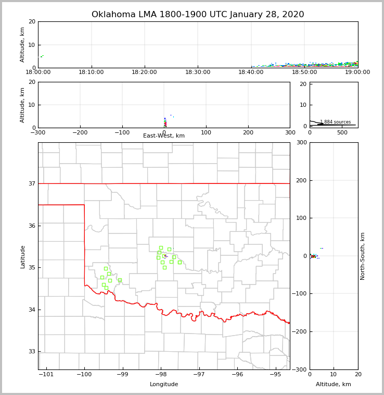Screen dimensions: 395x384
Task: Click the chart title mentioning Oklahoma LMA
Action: pyautogui.click(x=198, y=15)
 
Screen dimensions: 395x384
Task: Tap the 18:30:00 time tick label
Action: pyautogui.click(x=198, y=72)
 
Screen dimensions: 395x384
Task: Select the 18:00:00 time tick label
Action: pyautogui.click(x=38, y=72)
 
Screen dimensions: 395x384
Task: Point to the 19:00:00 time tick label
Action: pyautogui.click(x=357, y=72)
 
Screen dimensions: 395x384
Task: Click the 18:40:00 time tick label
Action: pyautogui.click(x=251, y=72)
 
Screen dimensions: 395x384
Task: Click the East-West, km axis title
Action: pyautogui.click(x=164, y=136)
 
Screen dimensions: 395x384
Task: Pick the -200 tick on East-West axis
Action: pyautogui.click(x=80, y=133)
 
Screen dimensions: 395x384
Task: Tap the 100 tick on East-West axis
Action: pyautogui.click(x=206, y=133)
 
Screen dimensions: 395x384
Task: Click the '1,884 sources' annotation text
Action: pyautogui.click(x=335, y=122)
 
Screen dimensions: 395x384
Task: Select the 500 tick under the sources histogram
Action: pyautogui.click(x=342, y=133)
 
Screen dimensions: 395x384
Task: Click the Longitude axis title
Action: pyautogui.click(x=164, y=385)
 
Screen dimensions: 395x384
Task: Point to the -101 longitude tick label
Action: pyautogui.click(x=46, y=375)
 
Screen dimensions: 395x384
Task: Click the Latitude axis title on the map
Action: pyautogui.click(x=22, y=256)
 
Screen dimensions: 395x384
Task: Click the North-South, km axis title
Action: pyautogui.click(x=363, y=256)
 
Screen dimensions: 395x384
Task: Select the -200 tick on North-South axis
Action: pyautogui.click(x=300, y=332)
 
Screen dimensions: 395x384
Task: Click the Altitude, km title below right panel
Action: pyautogui.click(x=334, y=385)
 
